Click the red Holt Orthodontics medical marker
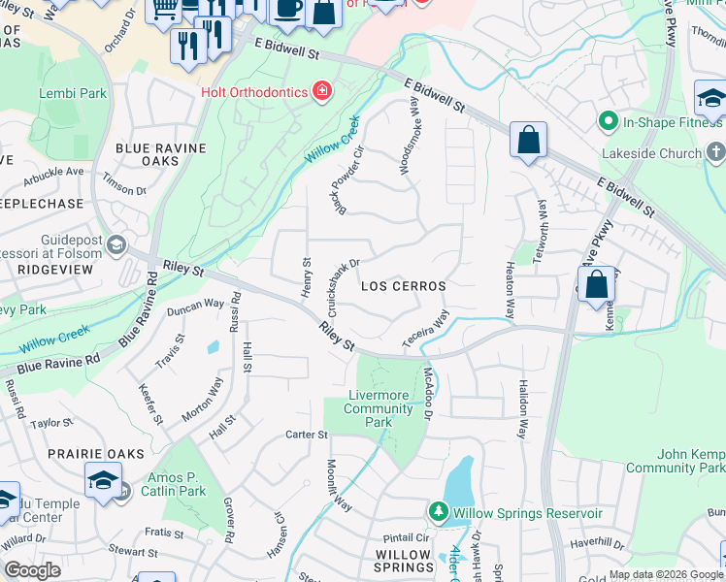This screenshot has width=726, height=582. point(321,92)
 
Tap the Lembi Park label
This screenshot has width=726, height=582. point(72,94)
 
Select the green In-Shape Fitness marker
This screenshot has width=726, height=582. point(608,121)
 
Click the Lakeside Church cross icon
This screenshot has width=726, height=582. point(715,152)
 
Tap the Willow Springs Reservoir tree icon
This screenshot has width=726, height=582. point(438,512)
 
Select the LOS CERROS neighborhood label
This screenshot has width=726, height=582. point(403,287)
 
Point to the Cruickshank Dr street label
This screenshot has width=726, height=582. point(344,286)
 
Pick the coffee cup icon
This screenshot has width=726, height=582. point(286,9)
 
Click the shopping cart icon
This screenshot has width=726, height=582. point(164,9)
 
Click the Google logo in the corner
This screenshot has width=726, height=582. point(32,570)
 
